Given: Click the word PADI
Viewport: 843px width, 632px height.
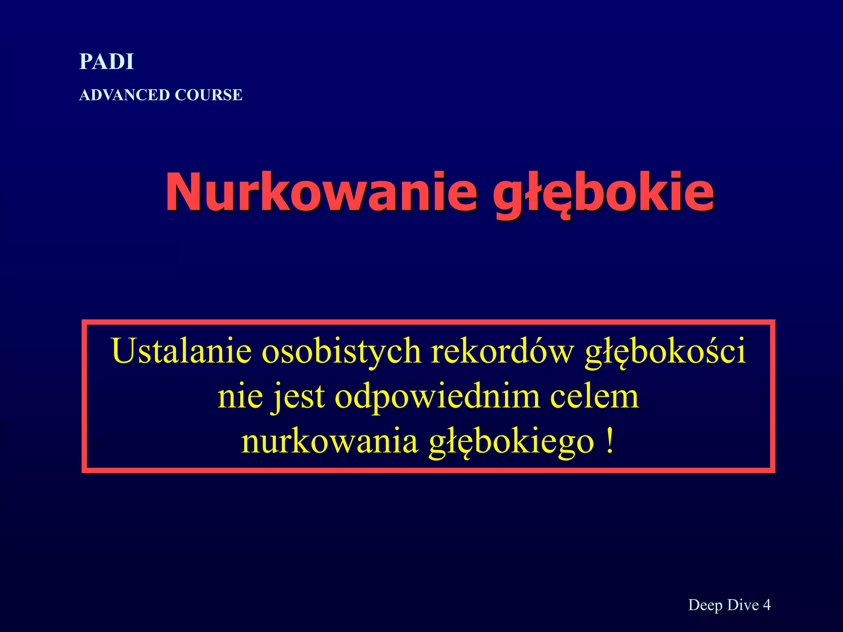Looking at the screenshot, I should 107,62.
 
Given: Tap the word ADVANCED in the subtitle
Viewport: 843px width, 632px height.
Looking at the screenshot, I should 124,95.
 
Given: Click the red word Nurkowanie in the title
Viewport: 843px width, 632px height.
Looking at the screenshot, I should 321,192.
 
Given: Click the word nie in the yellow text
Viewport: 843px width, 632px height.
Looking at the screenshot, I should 240,396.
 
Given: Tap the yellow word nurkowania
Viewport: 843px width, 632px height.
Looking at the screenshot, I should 329,441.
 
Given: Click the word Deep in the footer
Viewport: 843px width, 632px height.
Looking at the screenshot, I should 706,605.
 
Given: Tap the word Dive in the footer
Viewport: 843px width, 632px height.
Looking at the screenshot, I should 743,604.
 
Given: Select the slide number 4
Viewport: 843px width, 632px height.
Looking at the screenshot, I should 766,604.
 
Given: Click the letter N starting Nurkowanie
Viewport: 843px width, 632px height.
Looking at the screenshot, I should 185,192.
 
